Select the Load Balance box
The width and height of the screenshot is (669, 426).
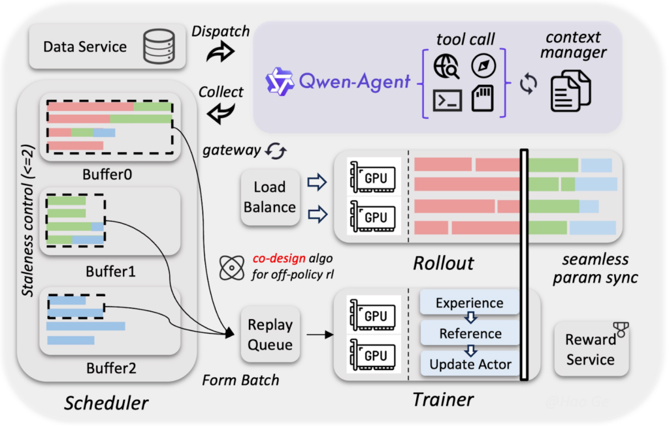point(270,197)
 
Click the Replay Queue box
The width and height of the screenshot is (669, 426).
point(270,334)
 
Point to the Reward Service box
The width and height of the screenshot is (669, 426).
point(590,349)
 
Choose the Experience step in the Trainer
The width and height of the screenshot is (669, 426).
point(469,303)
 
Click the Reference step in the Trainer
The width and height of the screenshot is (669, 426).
point(470,333)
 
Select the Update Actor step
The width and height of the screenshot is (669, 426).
point(470,363)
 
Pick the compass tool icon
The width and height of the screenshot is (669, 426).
point(484,65)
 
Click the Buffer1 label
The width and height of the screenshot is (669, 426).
point(110,269)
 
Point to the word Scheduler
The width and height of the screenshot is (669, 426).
point(106,404)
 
